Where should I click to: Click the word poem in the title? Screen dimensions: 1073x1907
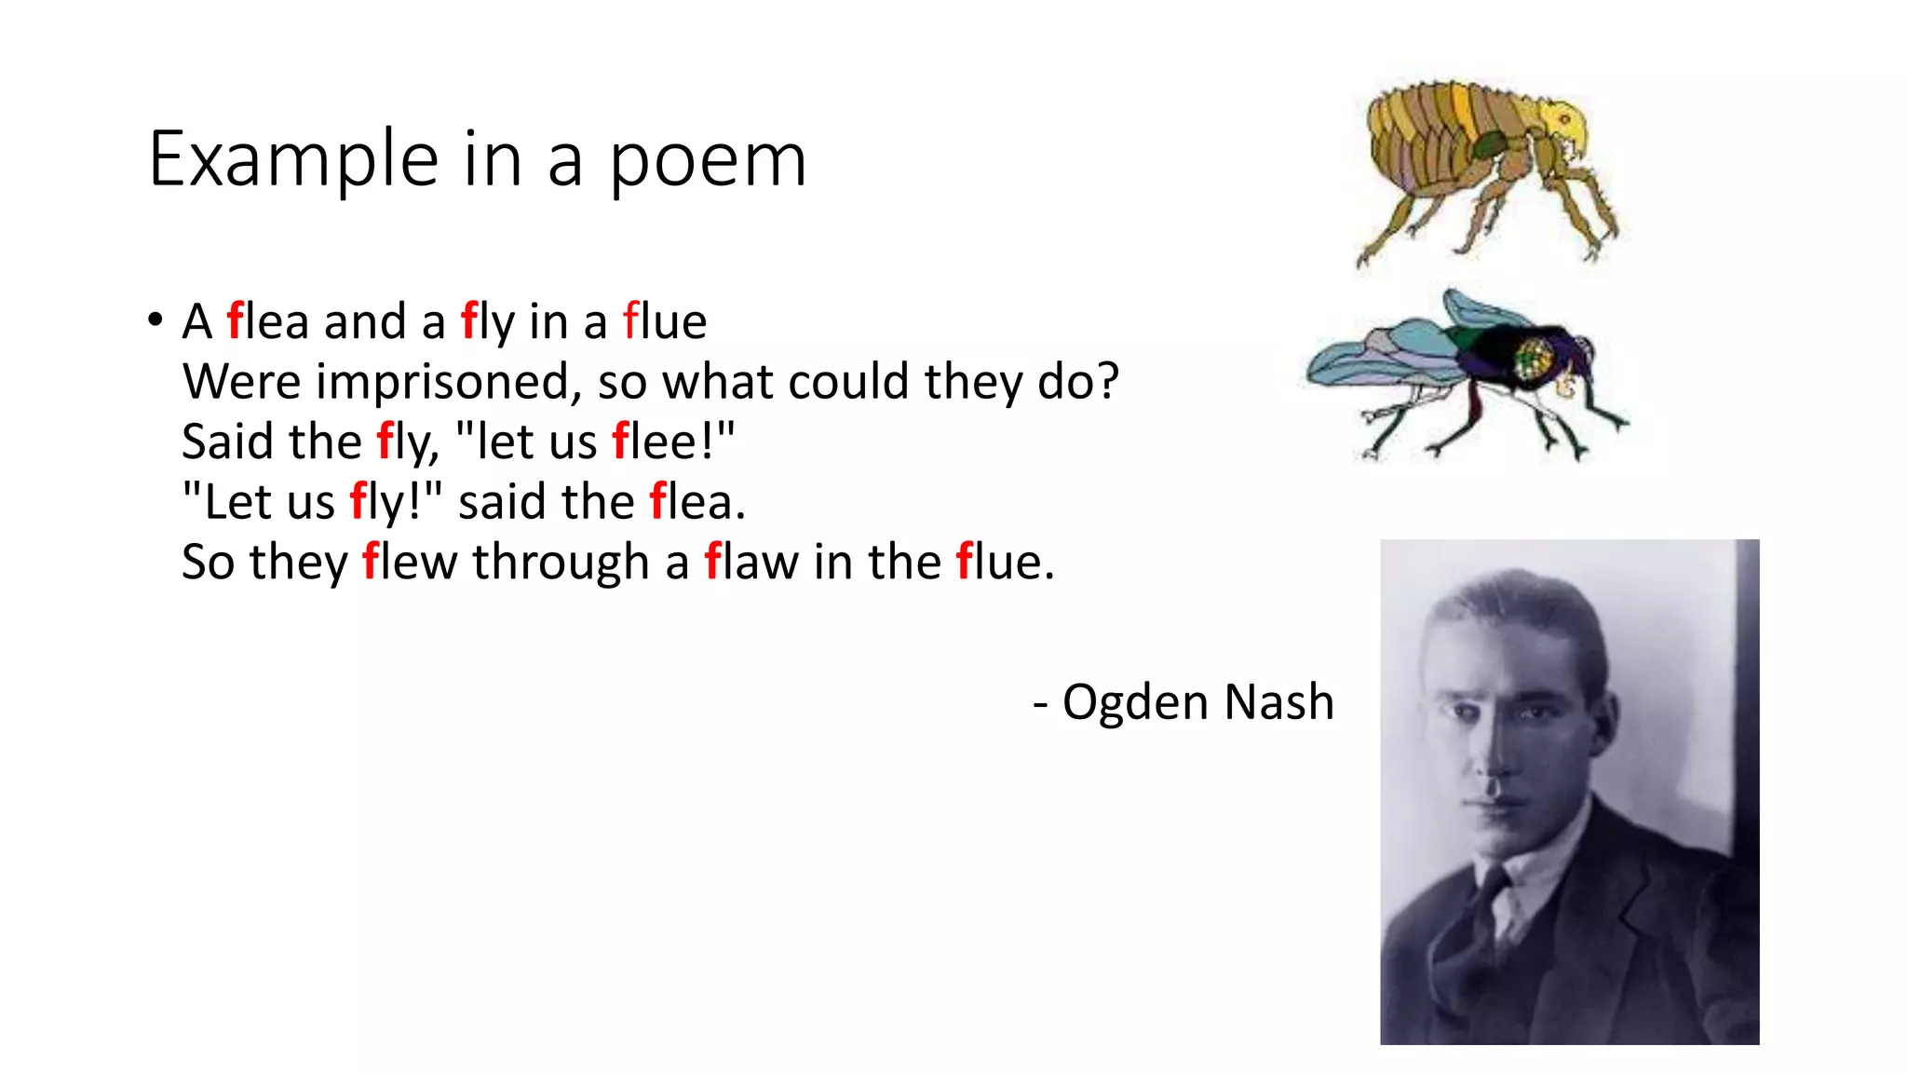708,160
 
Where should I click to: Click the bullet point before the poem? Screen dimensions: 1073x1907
155,320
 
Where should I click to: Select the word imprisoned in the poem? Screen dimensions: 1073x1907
449,382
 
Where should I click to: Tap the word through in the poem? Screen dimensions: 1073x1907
561,564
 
